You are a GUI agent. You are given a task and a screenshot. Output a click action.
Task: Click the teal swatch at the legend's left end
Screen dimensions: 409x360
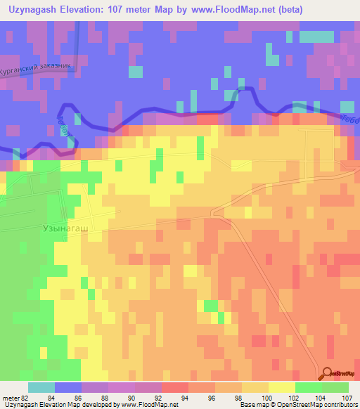click(41, 387)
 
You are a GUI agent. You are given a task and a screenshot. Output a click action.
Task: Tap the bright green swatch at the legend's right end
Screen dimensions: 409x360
click(336, 387)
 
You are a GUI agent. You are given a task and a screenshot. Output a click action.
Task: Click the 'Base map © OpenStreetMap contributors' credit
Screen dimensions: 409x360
click(297, 405)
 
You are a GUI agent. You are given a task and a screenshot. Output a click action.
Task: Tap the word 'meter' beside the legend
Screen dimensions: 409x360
click(11, 398)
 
